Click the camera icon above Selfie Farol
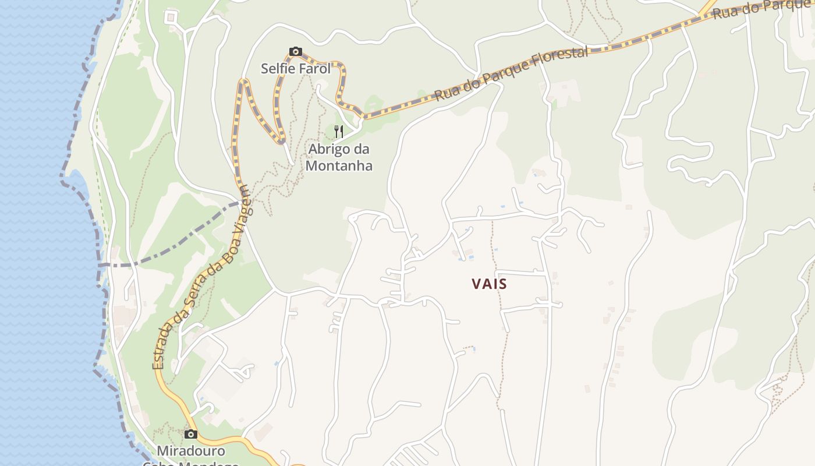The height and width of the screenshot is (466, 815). click(296, 52)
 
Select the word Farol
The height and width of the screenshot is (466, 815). click(314, 69)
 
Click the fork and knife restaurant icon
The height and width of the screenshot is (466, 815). click(339, 131)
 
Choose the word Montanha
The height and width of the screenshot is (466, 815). click(339, 165)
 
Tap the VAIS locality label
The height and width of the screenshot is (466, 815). click(489, 284)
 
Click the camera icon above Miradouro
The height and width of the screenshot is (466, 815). click(190, 434)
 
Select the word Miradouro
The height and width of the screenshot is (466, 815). click(191, 451)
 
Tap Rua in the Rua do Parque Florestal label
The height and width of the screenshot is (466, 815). click(446, 93)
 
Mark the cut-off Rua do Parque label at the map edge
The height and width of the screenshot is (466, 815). click(763, 8)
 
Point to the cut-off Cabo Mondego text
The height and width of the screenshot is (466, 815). click(191, 464)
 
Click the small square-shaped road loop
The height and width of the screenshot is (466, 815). click(171, 17)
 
